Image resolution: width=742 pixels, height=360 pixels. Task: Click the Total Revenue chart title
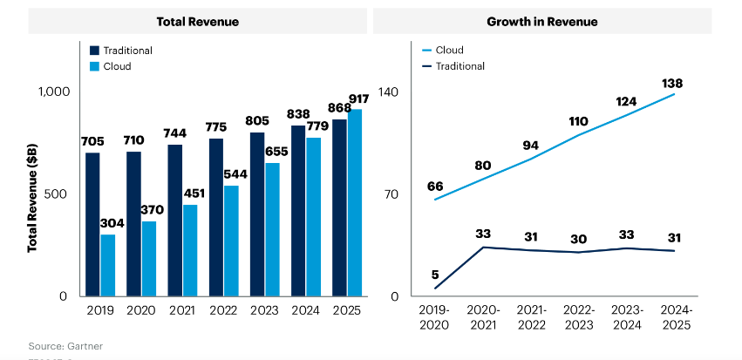point(197,21)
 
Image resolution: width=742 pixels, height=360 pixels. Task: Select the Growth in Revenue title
point(541,21)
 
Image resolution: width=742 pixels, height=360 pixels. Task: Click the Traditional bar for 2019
point(92,225)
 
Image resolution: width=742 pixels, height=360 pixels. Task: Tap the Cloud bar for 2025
point(355,203)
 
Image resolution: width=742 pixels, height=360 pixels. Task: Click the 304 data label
point(112,223)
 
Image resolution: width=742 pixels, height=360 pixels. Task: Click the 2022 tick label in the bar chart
point(223,310)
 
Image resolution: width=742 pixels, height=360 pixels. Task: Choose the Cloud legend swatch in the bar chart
point(95,66)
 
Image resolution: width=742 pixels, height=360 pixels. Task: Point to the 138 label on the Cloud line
point(671,84)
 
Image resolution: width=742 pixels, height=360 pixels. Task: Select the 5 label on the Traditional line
point(434,275)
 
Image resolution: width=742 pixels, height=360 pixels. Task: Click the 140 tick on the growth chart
point(389,92)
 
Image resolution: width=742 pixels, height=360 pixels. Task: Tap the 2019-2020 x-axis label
point(434,316)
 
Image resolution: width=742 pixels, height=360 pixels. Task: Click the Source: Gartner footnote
point(65,346)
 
